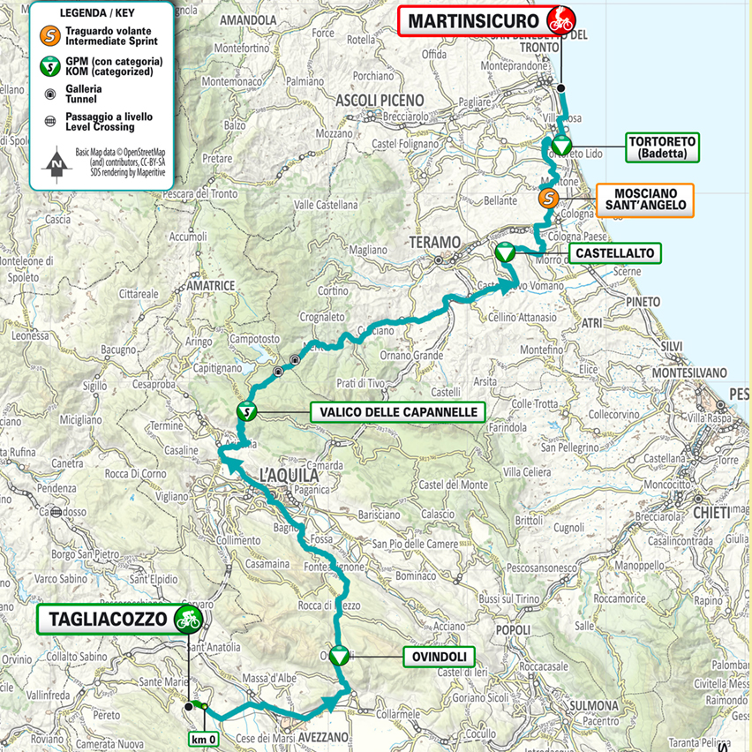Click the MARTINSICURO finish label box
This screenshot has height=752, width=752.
coord(473,20)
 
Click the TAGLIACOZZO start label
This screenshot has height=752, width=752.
coord(104,619)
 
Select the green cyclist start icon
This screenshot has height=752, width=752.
coord(185,619)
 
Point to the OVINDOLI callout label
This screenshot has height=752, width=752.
coord(439,656)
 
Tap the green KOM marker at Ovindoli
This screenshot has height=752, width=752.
coord(339,656)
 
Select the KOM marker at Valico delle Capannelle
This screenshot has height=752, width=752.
coord(248,410)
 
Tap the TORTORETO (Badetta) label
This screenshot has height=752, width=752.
coord(663,147)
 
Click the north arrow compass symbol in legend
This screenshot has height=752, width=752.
coord(56,162)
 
